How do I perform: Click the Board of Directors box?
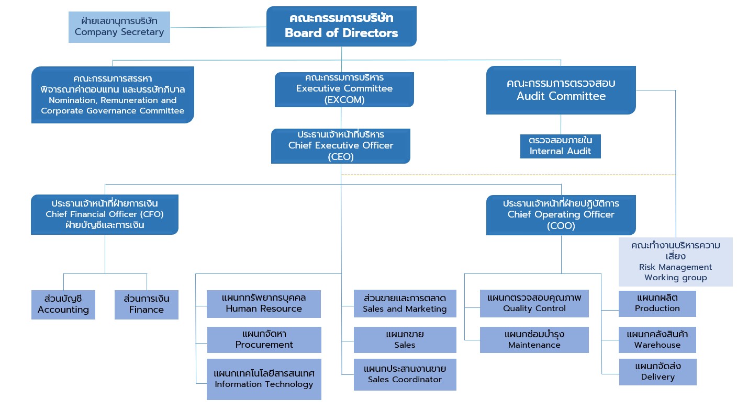tap(341, 26)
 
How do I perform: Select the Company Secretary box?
tap(119, 27)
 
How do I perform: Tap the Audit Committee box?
tap(561, 90)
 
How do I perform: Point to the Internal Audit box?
tap(561, 146)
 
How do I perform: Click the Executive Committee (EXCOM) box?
tap(344, 89)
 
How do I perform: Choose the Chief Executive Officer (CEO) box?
tap(341, 146)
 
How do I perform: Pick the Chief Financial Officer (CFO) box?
tap(105, 214)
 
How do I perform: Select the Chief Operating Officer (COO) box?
tap(561, 215)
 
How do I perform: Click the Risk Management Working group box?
tap(675, 262)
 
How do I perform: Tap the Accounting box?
tap(63, 304)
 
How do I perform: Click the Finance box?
tap(147, 304)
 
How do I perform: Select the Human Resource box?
tap(264, 304)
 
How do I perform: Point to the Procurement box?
tap(264, 339)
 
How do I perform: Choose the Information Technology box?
tap(264, 379)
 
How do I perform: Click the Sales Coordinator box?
tap(405, 374)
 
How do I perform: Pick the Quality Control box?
tap(534, 303)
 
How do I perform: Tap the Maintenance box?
tap(534, 340)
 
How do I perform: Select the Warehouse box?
tap(657, 340)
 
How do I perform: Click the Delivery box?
tap(657, 372)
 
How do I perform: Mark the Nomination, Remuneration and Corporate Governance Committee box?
tap(113, 95)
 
